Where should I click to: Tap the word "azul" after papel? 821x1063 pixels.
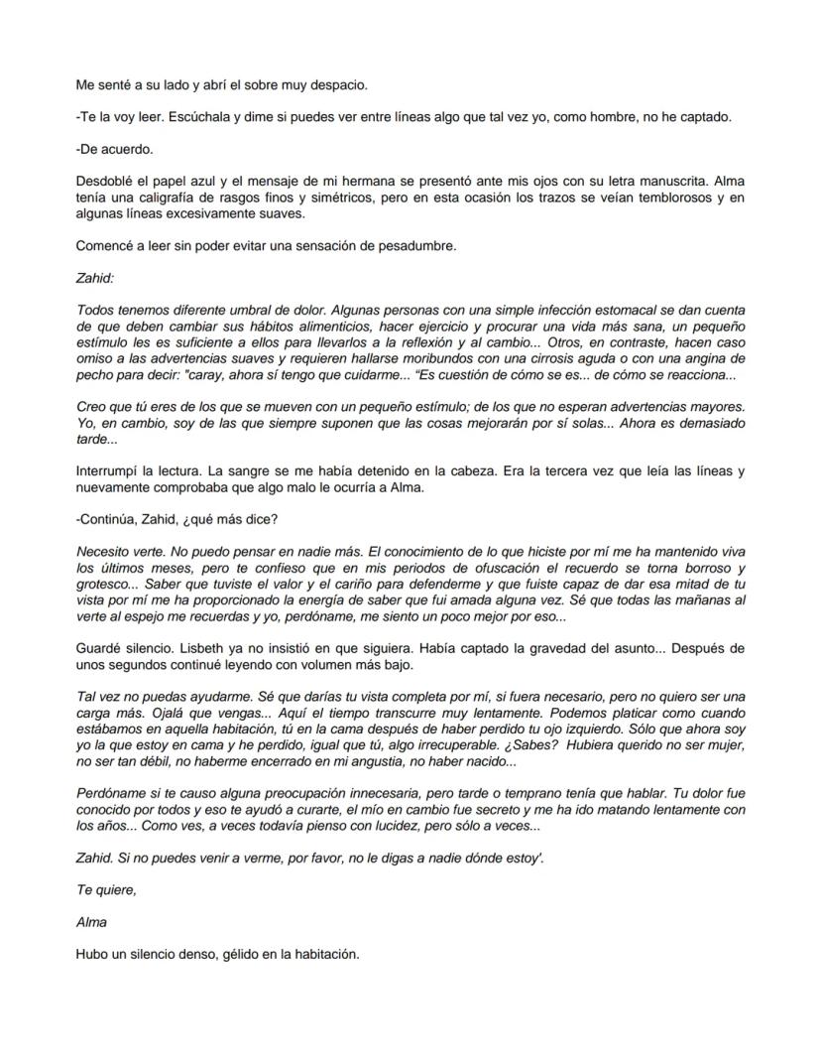click(216, 182)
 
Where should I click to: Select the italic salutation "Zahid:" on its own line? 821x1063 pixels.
click(94, 279)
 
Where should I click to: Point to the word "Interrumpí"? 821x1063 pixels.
click(109, 471)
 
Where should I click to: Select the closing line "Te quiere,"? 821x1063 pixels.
click(106, 890)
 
